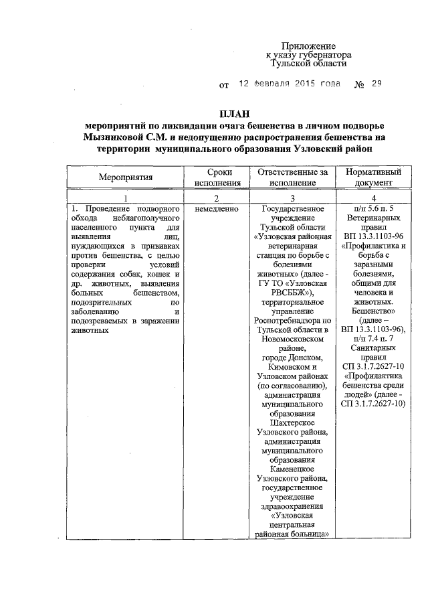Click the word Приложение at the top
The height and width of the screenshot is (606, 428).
click(x=307, y=44)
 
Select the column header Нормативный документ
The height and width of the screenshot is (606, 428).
click(x=374, y=178)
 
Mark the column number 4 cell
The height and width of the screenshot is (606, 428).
click(x=374, y=198)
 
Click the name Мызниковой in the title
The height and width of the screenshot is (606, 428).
click(x=116, y=137)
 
